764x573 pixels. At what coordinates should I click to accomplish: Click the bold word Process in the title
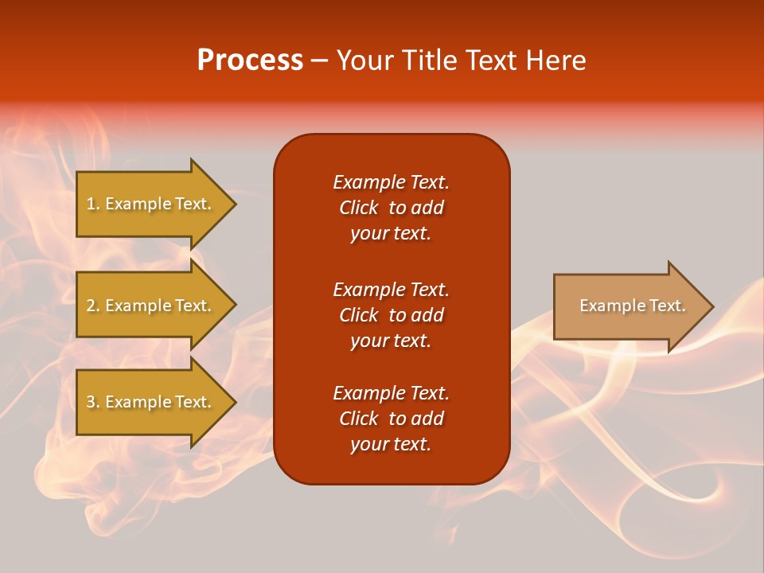[x=250, y=60]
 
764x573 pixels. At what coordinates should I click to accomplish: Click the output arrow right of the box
[x=629, y=306]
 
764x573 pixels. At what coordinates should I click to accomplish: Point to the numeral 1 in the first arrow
[x=90, y=204]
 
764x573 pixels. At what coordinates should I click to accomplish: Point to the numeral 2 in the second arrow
[x=90, y=306]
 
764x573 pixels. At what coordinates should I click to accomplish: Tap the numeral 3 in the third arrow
[x=90, y=402]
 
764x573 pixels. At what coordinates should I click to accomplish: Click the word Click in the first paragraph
[x=358, y=208]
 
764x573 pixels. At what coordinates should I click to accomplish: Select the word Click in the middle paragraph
[x=358, y=315]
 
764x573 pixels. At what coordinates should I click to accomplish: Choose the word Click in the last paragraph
[x=358, y=419]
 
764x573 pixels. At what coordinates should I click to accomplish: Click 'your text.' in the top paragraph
[x=391, y=234]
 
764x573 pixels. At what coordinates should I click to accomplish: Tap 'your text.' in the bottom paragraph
[x=391, y=445]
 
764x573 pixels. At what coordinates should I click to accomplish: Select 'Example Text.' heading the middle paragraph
[x=391, y=289]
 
